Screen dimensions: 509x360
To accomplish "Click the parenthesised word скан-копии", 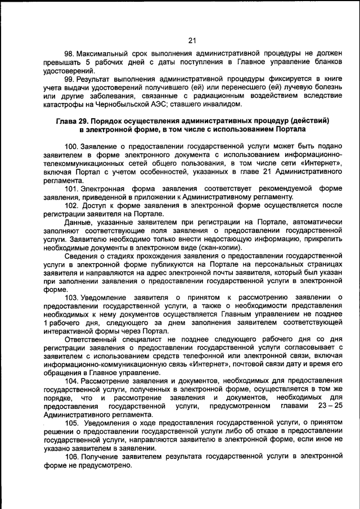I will click(x=223, y=247).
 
